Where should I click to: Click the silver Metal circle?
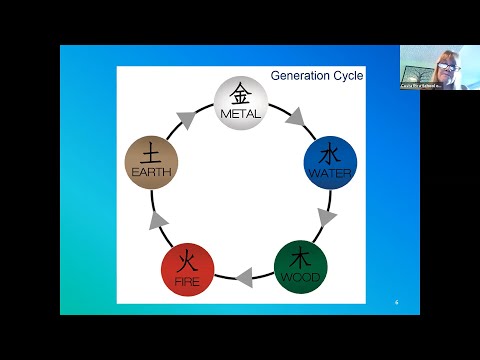pyautogui.click(x=239, y=101)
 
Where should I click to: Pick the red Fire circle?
pyautogui.click(x=188, y=268)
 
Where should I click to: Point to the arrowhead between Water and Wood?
pyautogui.click(x=324, y=215)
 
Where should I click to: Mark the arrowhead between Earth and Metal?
pyautogui.click(x=187, y=119)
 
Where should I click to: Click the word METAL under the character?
pyautogui.click(x=239, y=114)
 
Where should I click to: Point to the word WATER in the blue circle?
pyautogui.click(x=329, y=173)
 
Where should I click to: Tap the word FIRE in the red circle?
pyautogui.click(x=188, y=281)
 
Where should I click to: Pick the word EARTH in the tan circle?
pyautogui.click(x=151, y=173)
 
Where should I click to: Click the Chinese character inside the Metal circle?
pyautogui.click(x=239, y=95)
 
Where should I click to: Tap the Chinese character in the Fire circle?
pyautogui.click(x=188, y=262)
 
